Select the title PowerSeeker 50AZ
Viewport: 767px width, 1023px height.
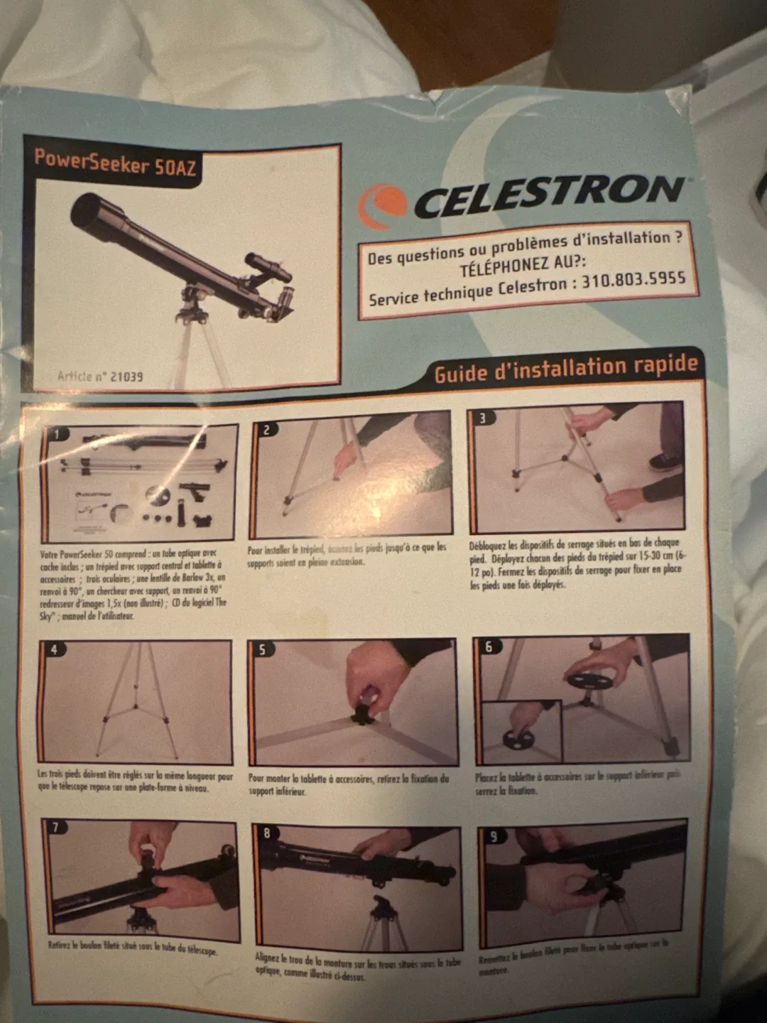click(x=115, y=163)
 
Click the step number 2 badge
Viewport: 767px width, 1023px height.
click(x=266, y=429)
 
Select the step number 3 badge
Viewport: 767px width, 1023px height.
click(x=483, y=418)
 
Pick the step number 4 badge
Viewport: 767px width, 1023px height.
click(x=54, y=649)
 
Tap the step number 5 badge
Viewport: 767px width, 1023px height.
click(x=262, y=649)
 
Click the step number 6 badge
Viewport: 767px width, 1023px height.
click(x=489, y=646)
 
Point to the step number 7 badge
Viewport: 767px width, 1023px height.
click(x=57, y=827)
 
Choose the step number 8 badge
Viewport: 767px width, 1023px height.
click(x=267, y=833)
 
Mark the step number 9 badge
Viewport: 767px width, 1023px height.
click(x=494, y=836)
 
